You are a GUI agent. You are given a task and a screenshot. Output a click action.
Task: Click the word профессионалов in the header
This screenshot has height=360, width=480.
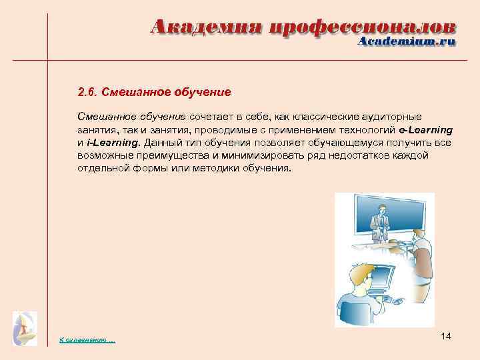[363, 27]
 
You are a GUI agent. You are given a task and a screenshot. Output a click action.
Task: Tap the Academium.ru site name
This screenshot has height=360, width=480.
[407, 41]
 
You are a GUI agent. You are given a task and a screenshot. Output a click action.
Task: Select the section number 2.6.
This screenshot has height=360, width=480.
[89, 91]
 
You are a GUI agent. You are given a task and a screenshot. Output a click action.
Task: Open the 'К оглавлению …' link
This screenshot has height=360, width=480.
[87, 341]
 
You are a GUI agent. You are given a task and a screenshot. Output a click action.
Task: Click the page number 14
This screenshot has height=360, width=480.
[446, 337]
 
